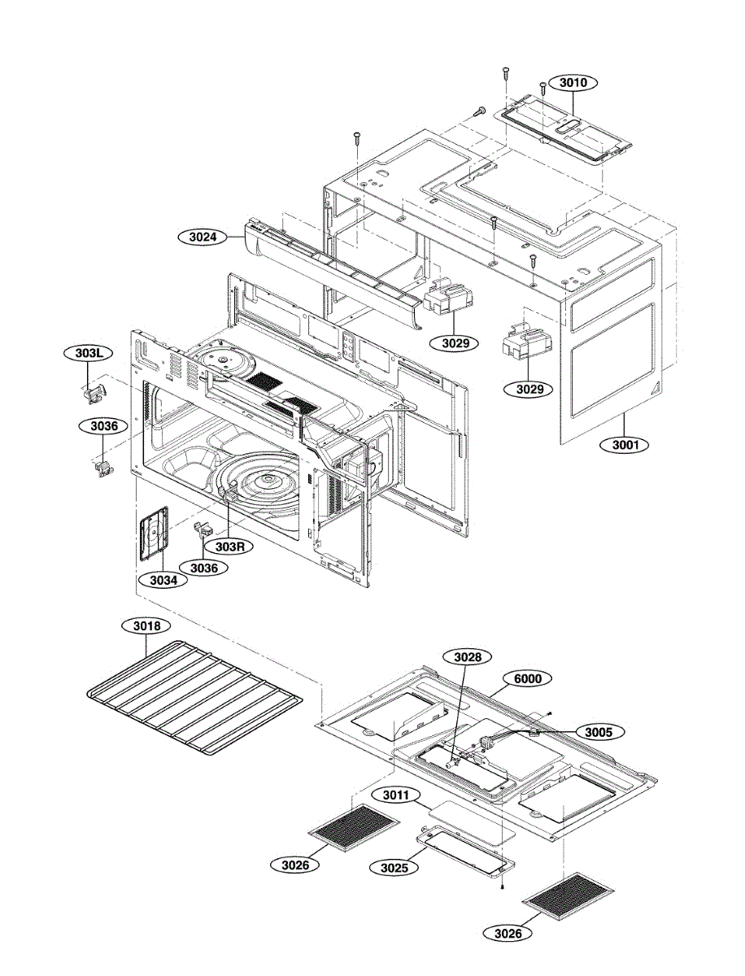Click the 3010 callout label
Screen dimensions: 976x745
click(x=573, y=82)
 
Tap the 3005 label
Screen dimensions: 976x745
click(x=599, y=732)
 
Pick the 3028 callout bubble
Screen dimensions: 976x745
click(x=467, y=656)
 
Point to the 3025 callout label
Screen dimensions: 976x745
click(x=394, y=867)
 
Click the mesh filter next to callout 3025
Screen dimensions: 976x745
click(x=355, y=826)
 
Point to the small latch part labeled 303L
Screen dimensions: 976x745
click(x=93, y=394)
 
